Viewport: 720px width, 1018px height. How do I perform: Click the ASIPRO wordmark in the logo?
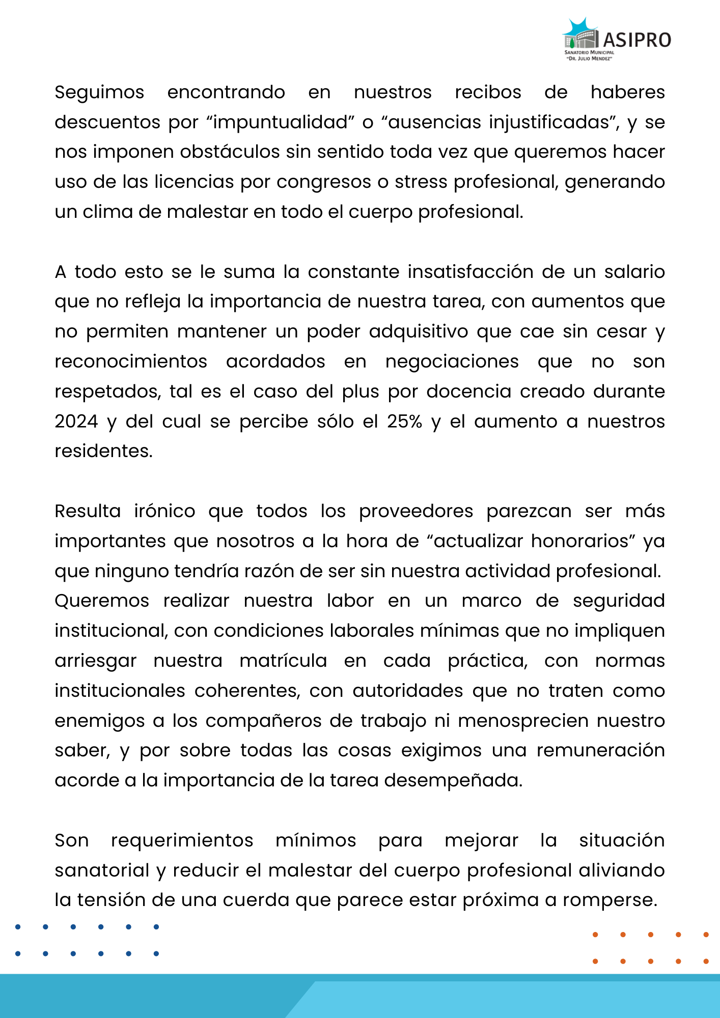637,40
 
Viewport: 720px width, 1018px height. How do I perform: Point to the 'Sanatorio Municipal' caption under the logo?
589,52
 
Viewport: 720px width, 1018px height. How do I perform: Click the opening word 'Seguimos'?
100,93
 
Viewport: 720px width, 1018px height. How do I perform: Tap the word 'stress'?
422,182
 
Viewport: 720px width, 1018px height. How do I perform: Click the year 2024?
76,421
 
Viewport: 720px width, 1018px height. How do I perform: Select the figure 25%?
404,421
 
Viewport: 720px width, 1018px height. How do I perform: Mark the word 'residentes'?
103,451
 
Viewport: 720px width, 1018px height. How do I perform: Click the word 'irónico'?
164,511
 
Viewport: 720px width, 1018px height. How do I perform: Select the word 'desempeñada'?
453,781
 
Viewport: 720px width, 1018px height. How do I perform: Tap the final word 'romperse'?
610,900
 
